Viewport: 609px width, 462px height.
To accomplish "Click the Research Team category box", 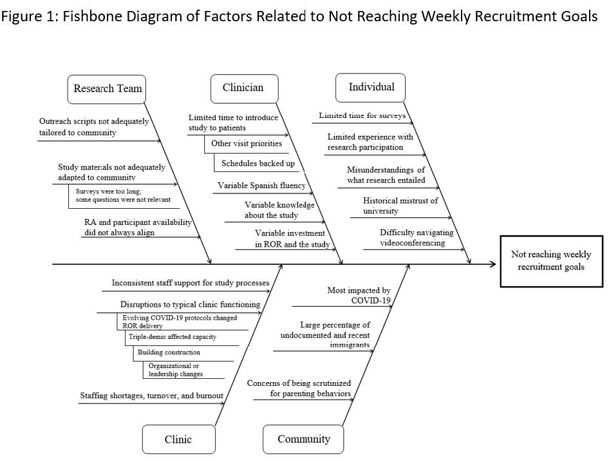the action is pos(107,89).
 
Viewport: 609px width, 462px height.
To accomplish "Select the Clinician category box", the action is pos(244,88).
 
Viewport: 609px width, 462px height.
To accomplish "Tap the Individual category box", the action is pos(371,88).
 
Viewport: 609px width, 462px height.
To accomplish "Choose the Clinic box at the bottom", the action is pos(179,439).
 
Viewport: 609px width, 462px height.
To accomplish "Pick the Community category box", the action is pos(303,439).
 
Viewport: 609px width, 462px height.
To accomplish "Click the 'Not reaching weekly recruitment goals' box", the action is pos(552,261).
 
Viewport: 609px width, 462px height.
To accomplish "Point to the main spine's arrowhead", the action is pos(493,264).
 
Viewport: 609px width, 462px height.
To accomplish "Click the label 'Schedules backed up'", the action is pos(258,163).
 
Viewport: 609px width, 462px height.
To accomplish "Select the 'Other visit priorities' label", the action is pos(247,143).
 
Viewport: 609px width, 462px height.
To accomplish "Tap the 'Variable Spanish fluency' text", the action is pos(261,186).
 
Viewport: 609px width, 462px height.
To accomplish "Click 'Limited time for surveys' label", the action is pos(362,115).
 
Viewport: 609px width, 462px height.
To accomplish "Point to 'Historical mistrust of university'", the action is pos(400,206).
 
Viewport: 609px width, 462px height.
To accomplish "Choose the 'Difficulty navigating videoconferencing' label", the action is pos(417,238).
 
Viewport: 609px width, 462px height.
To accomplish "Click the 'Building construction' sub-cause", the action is pos(169,352).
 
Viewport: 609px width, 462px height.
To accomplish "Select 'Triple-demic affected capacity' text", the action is pos(173,337).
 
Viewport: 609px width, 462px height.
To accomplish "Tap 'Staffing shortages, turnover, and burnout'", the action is pos(151,396).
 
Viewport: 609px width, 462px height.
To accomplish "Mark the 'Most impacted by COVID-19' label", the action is pos(359,295).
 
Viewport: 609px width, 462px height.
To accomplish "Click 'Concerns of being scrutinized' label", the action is pos(299,383).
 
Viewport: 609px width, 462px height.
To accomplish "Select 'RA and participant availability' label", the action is pos(138,222).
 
